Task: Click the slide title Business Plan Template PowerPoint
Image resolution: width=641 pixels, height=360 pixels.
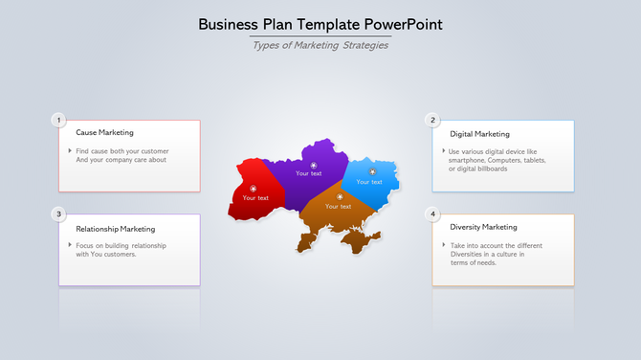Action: point(320,24)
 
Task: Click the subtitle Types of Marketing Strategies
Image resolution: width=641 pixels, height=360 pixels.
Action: point(320,45)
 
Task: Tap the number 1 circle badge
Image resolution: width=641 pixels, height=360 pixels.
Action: point(59,120)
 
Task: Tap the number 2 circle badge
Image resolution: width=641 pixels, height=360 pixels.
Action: point(433,120)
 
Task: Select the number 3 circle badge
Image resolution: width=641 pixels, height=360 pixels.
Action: point(59,214)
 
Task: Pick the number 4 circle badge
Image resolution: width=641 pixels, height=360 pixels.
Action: point(433,214)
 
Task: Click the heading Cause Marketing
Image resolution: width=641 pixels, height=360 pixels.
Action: point(104,133)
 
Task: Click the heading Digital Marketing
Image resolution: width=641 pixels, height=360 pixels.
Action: point(479,134)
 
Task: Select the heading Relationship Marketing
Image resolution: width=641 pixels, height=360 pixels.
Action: point(115,229)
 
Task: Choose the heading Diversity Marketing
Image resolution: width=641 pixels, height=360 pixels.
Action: point(483,227)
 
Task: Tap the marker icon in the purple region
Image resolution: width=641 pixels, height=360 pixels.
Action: point(314,166)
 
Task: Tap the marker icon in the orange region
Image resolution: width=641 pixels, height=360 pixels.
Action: point(340,196)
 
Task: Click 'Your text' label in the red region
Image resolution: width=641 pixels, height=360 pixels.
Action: point(255,198)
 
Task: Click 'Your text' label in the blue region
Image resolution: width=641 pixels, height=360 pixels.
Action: point(369,182)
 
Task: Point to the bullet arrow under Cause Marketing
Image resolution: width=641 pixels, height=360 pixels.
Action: point(70,151)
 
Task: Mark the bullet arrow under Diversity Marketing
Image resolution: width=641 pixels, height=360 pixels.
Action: point(444,245)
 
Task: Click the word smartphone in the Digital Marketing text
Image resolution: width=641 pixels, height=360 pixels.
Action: point(468,160)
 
